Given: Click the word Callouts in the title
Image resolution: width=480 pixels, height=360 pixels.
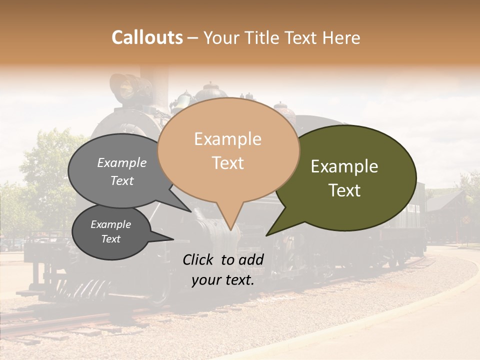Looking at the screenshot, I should [x=147, y=37].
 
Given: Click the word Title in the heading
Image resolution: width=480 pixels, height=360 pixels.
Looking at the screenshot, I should [x=260, y=38].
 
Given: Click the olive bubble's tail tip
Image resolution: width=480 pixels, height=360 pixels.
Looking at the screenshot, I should [x=267, y=235].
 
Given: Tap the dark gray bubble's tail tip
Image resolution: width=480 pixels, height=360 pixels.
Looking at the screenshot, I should [x=173, y=239].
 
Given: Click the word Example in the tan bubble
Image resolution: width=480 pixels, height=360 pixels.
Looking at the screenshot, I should [x=227, y=139].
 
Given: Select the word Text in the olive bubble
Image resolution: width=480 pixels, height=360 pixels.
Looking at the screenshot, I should [x=344, y=190].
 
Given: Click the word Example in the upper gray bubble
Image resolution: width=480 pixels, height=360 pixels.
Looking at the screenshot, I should [x=121, y=163].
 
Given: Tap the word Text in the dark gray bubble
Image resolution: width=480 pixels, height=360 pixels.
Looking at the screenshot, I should [x=110, y=239].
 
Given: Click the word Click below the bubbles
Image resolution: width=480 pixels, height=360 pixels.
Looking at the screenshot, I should [x=199, y=259].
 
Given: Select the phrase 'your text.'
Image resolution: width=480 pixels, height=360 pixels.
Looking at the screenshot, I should [x=222, y=280].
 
